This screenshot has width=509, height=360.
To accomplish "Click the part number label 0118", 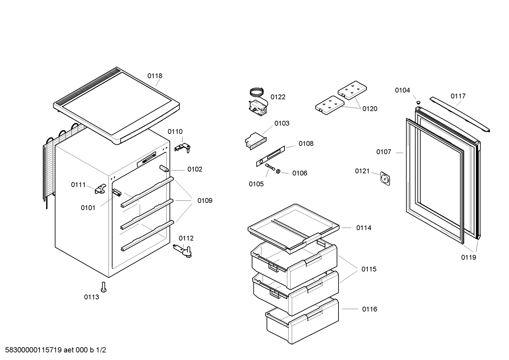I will click(x=155, y=76).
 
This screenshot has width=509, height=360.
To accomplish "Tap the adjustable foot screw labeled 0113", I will click(x=103, y=287).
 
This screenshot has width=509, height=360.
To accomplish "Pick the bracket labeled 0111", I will click(x=100, y=190).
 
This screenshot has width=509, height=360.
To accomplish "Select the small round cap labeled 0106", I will click(x=278, y=172).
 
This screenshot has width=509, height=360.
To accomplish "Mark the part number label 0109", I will click(x=205, y=201).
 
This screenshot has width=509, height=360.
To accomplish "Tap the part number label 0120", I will click(x=370, y=109).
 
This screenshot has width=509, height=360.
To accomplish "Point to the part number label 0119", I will click(x=468, y=257).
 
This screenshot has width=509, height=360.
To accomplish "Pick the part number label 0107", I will click(x=383, y=152).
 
